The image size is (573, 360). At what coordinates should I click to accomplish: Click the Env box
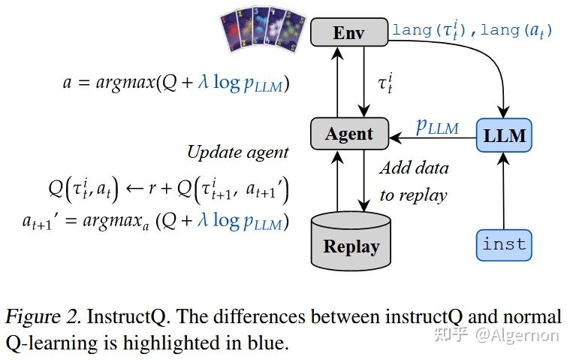click(349, 32)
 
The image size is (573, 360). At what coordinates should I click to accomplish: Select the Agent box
click(349, 134)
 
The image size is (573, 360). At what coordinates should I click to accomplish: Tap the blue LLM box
click(504, 136)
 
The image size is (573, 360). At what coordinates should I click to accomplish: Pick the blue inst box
click(504, 244)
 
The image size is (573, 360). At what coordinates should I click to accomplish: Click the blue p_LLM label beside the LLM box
click(437, 126)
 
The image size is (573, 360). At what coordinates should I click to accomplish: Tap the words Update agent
click(237, 152)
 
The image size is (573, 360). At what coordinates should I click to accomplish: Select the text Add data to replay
click(413, 181)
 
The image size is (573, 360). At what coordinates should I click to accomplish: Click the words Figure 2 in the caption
click(42, 316)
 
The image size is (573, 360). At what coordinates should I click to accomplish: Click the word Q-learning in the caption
click(47, 343)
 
